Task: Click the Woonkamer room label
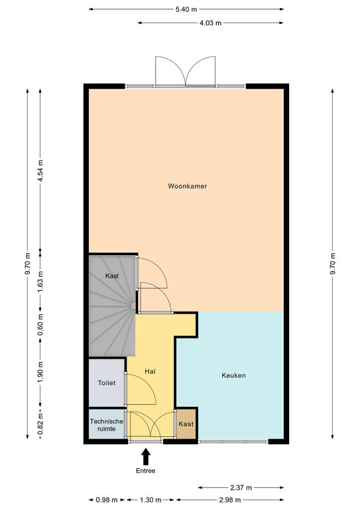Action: tap(188, 186)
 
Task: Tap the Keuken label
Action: tap(234, 375)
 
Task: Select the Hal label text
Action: tap(150, 371)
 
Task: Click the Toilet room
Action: tap(107, 382)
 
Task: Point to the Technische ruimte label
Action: tap(107, 425)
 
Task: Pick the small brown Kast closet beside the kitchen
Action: tap(186, 424)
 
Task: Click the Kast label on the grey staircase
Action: tap(112, 276)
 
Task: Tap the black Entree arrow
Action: tap(146, 457)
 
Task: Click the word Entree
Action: tap(146, 471)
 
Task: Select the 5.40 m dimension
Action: tap(186, 9)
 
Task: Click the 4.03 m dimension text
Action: tap(211, 23)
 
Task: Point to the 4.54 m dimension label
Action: tap(40, 170)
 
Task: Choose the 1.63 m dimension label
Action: tap(40, 282)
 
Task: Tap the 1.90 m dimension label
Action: tap(40, 372)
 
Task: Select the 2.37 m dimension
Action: tap(241, 488)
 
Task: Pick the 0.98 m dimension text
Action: tap(107, 500)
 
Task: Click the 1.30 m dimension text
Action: tap(150, 500)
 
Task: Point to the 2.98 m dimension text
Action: tap(230, 500)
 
